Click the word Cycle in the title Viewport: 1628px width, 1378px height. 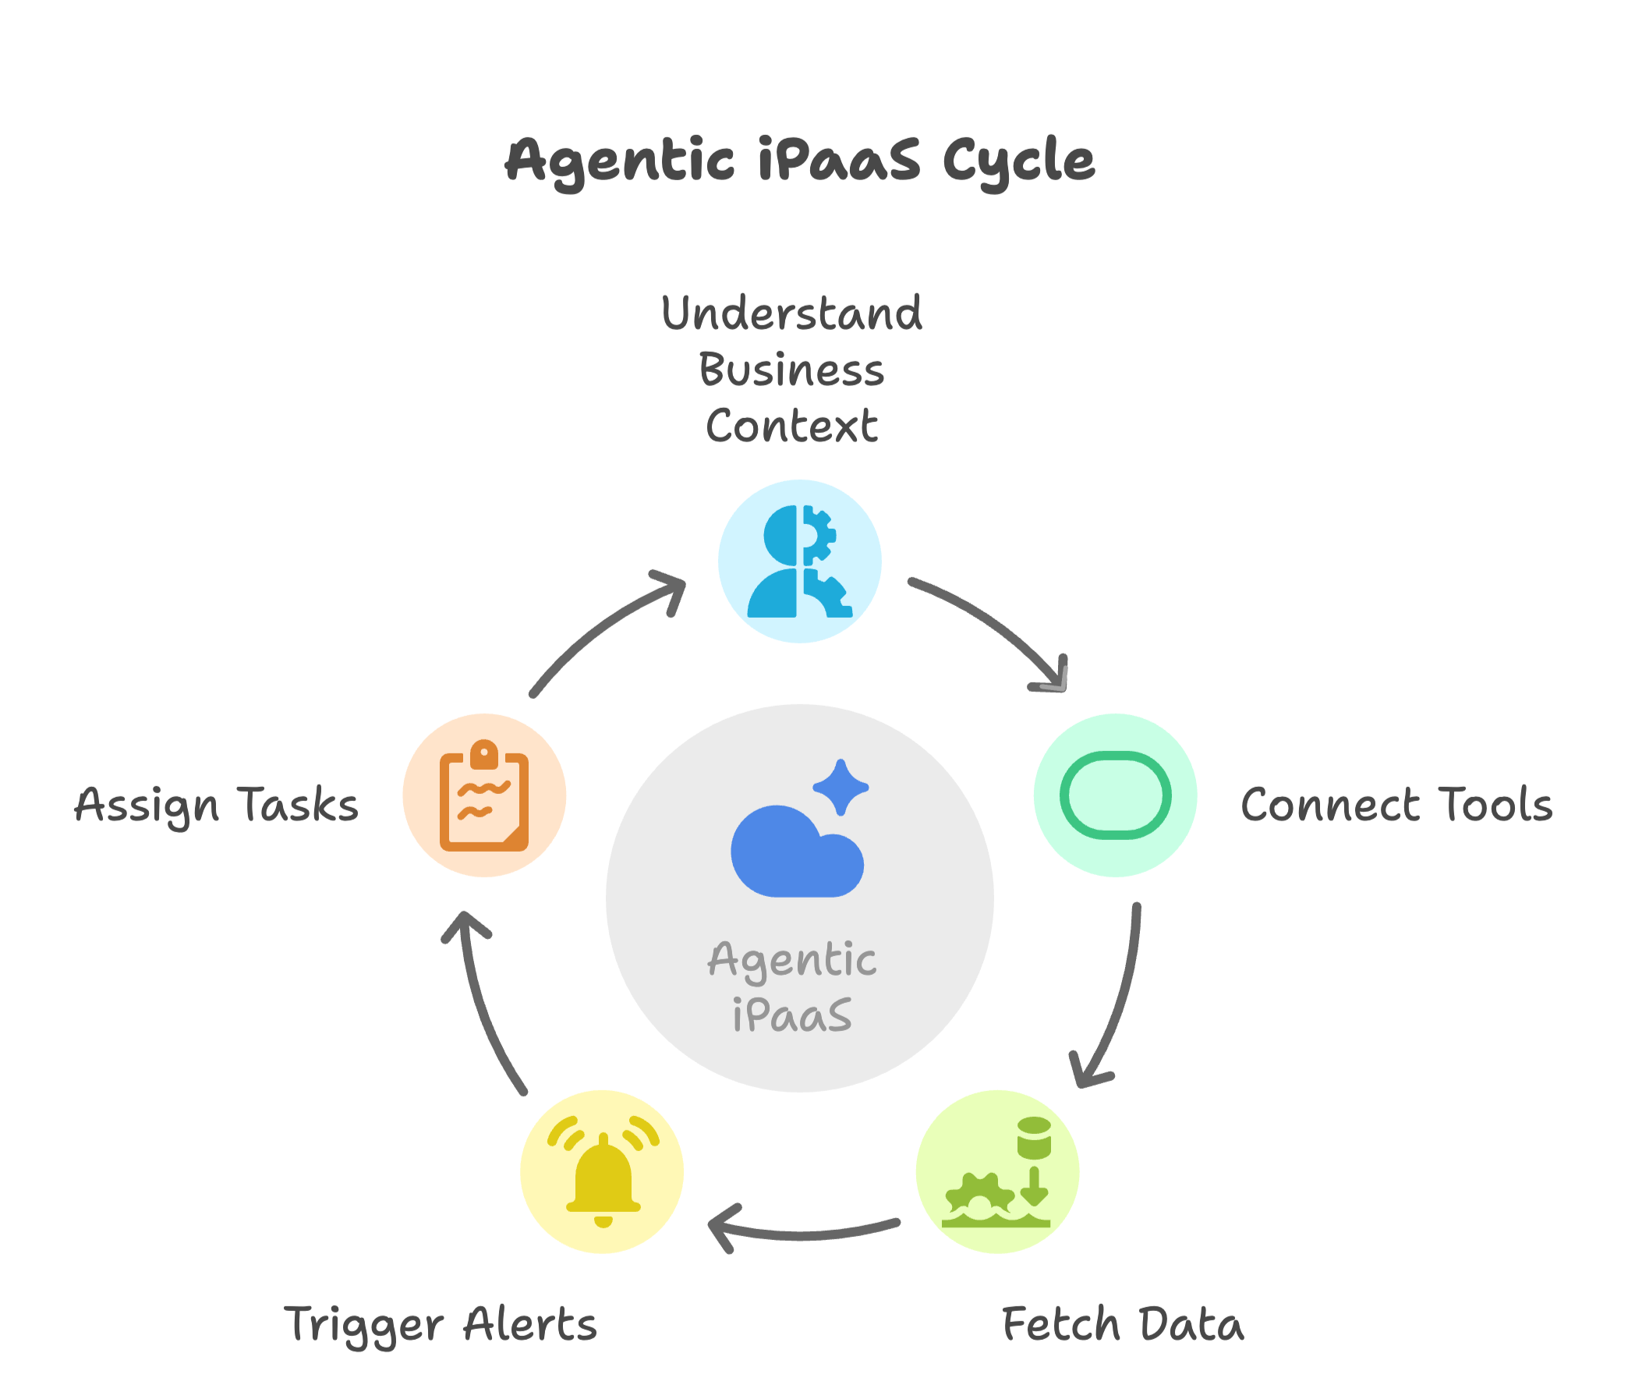click(1018, 160)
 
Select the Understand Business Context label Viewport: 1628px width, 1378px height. click(791, 370)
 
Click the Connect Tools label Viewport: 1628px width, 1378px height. click(1397, 805)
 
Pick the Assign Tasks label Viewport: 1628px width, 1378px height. click(216, 805)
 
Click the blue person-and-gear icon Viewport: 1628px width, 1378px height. click(799, 561)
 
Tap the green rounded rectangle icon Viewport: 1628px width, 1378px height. click(1115, 795)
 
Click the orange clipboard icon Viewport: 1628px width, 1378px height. click(484, 797)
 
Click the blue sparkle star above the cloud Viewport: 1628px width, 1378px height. click(841, 787)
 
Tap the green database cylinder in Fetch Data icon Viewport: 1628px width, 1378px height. click(1034, 1137)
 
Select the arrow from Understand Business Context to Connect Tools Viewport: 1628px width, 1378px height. click(992, 625)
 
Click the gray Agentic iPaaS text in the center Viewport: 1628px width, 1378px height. click(791, 987)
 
